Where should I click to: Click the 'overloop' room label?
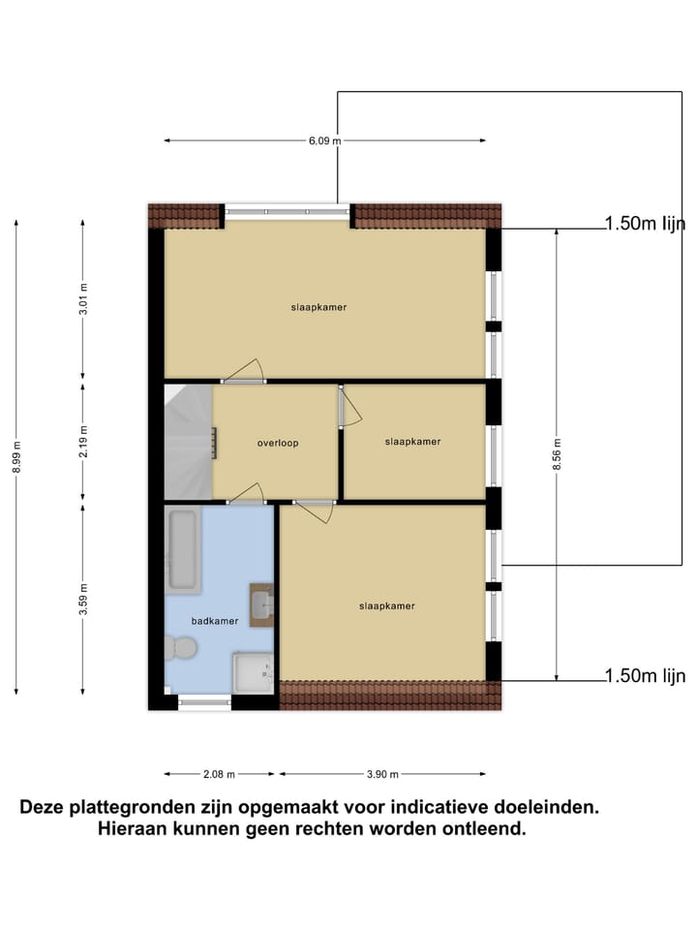[x=278, y=443]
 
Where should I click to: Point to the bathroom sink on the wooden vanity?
[x=261, y=606]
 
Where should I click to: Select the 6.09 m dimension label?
[x=325, y=141]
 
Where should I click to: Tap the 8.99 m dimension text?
[x=16, y=452]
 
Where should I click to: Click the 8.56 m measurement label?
[x=557, y=452]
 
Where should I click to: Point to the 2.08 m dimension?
[x=219, y=774]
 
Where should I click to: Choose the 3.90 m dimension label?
[x=382, y=774]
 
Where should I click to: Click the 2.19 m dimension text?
[x=83, y=442]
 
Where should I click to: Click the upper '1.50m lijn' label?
[x=645, y=225]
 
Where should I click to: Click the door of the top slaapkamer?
[x=244, y=372]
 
